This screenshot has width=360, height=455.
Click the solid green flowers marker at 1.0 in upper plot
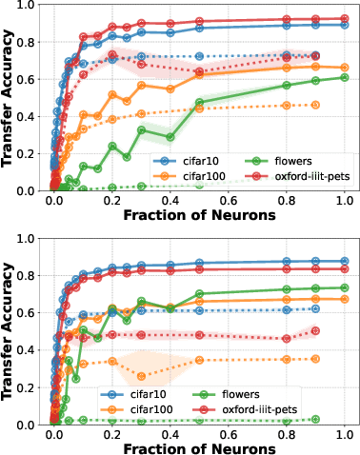pyautogui.click(x=345, y=77)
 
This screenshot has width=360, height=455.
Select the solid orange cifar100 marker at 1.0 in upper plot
pyautogui.click(x=345, y=68)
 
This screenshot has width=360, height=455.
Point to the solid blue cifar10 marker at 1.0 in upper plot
pyautogui.click(x=345, y=25)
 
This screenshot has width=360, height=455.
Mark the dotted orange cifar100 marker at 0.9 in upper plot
pyautogui.click(x=316, y=105)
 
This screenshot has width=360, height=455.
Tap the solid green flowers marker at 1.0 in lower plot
pyautogui.click(x=345, y=287)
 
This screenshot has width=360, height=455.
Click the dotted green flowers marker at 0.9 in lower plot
pyautogui.click(x=316, y=419)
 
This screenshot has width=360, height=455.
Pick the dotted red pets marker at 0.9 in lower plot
pyautogui.click(x=316, y=331)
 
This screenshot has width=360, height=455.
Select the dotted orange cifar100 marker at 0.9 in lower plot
pyautogui.click(x=316, y=359)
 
